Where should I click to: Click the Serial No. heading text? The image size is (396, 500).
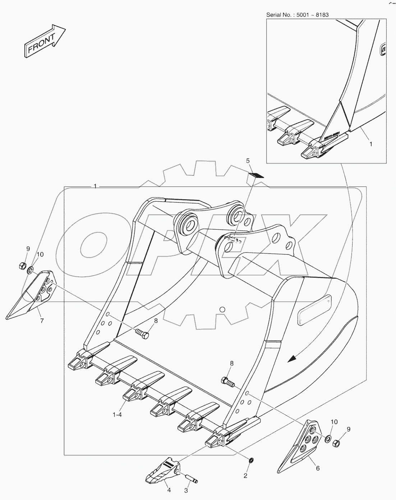[297, 15]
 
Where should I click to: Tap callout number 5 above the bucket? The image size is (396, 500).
[248, 161]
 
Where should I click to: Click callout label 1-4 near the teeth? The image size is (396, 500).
[117, 414]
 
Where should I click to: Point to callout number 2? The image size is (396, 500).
[245, 476]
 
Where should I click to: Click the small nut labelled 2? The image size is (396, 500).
[251, 460]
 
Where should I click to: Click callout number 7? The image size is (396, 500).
[42, 321]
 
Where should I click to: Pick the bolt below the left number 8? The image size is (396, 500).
[142, 334]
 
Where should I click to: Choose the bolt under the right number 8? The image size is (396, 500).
[227, 382]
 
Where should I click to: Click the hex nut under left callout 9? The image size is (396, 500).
[21, 266]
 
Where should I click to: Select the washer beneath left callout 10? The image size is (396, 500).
[31, 269]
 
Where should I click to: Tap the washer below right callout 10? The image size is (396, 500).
[328, 439]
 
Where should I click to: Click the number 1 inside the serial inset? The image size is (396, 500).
[371, 144]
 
